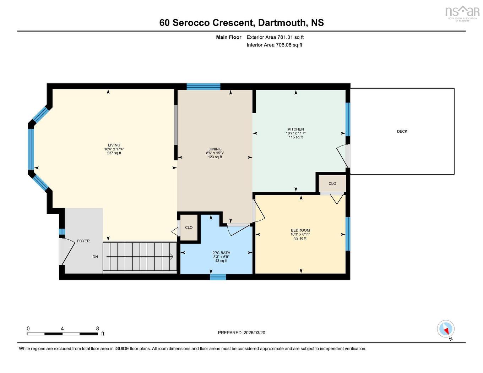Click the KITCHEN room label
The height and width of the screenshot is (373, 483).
pyautogui.click(x=295, y=129)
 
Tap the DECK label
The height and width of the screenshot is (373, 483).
pyautogui.click(x=402, y=131)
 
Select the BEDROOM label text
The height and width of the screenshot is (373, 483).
pyautogui.click(x=300, y=230)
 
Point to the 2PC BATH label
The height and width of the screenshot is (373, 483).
pyautogui.click(x=221, y=253)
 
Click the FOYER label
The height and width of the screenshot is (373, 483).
pyautogui.click(x=83, y=241)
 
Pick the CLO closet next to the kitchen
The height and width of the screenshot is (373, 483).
pyautogui.click(x=332, y=183)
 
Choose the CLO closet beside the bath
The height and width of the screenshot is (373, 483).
pyautogui.click(x=189, y=227)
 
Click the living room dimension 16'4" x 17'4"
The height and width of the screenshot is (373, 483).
pyautogui.click(x=114, y=149)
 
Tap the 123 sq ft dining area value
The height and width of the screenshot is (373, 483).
pyautogui.click(x=215, y=157)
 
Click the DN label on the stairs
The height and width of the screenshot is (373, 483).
pyautogui.click(x=95, y=257)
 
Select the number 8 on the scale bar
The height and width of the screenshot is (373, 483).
pyautogui.click(x=97, y=329)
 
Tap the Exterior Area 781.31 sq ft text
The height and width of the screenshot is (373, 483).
pyautogui.click(x=275, y=37)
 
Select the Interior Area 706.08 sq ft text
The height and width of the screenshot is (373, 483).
pyautogui.click(x=275, y=45)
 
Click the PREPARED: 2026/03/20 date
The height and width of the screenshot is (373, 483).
pyautogui.click(x=241, y=333)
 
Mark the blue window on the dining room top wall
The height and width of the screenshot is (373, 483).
pyautogui.click(x=203, y=86)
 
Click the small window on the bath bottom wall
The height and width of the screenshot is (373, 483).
pyautogui.click(x=218, y=277)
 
